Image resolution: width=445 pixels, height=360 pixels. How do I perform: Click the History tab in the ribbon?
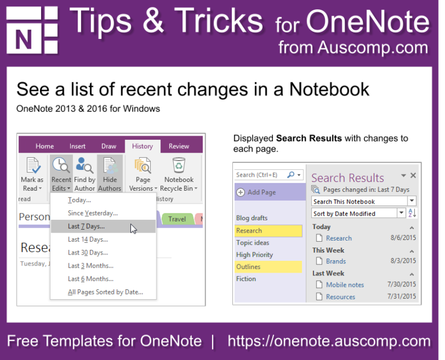(x=143, y=146)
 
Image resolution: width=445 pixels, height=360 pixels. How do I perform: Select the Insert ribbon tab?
(x=78, y=146)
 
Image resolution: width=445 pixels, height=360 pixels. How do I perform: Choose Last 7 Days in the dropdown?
(x=86, y=226)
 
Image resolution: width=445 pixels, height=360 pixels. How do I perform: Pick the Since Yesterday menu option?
(x=93, y=213)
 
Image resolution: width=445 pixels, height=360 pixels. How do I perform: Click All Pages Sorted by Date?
(x=105, y=292)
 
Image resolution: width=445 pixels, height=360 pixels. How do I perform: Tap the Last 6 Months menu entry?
(x=90, y=279)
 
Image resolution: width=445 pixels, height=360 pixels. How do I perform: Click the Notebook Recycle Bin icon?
(x=179, y=166)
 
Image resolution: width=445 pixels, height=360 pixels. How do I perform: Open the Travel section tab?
(x=177, y=219)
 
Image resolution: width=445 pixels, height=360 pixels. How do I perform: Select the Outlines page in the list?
(x=249, y=267)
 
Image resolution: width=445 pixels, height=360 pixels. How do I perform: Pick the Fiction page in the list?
(x=246, y=279)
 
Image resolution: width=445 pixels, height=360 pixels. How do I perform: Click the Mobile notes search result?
(x=345, y=285)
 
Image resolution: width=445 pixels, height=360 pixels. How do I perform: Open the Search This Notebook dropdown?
(x=411, y=201)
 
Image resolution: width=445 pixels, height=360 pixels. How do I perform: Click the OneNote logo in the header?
(x=32, y=30)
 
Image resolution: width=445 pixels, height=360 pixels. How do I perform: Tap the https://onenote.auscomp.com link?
(x=329, y=341)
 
